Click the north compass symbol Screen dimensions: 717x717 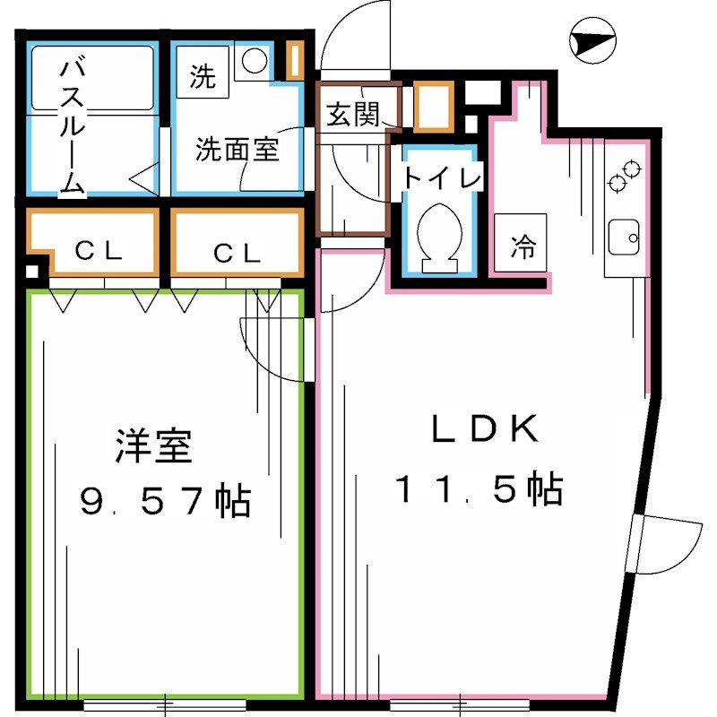592,41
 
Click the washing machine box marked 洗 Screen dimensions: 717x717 203,77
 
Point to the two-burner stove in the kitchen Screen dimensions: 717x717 625,175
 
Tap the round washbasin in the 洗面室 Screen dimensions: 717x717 255,60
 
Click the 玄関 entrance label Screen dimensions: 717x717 350,114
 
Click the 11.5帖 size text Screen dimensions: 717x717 479,489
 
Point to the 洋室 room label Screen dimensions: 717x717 154,445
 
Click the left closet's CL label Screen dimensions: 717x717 99,252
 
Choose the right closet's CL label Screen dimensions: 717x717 238,254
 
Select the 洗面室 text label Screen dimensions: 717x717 238,148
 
